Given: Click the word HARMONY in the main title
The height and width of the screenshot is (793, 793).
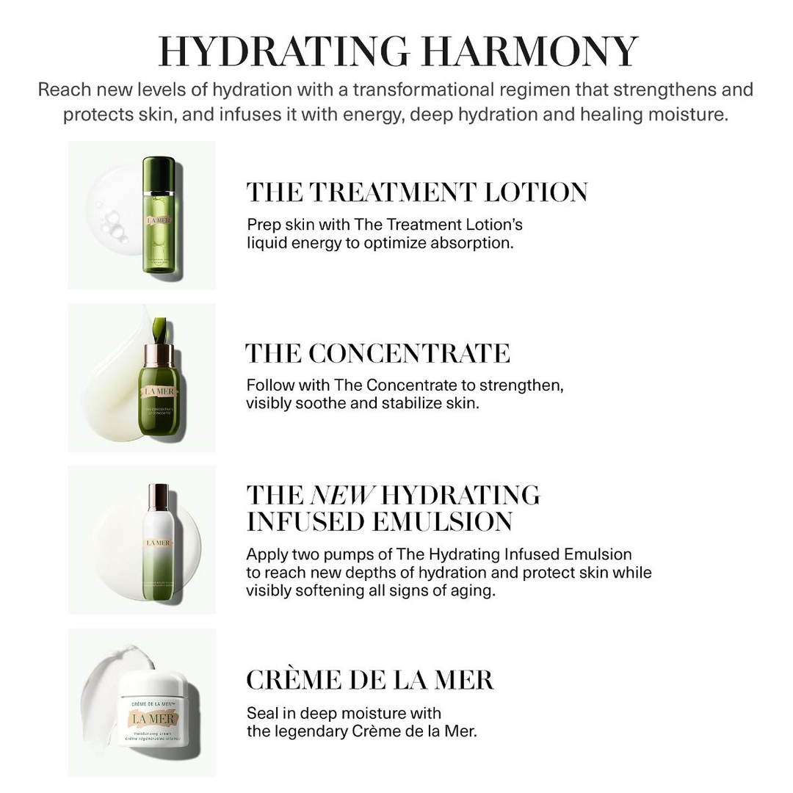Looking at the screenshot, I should click(x=534, y=51).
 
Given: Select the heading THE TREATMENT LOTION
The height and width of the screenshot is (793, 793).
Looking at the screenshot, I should click(x=417, y=192).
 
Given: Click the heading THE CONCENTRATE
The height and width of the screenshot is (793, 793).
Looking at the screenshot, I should click(x=377, y=353).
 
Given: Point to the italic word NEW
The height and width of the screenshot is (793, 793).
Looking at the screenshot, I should click(x=342, y=495).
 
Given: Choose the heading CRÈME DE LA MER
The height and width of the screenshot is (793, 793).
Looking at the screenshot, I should click(x=370, y=680).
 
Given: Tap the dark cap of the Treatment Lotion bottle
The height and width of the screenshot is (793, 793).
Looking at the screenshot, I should click(x=159, y=174).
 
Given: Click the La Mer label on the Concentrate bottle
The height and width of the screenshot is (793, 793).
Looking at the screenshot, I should click(x=159, y=391).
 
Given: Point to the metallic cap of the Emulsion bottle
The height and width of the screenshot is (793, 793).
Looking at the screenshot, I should click(x=158, y=497).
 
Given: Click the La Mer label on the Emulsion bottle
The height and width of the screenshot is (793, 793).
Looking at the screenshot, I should click(x=158, y=543).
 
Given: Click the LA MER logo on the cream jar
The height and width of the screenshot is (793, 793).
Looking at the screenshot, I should click(x=154, y=719).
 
